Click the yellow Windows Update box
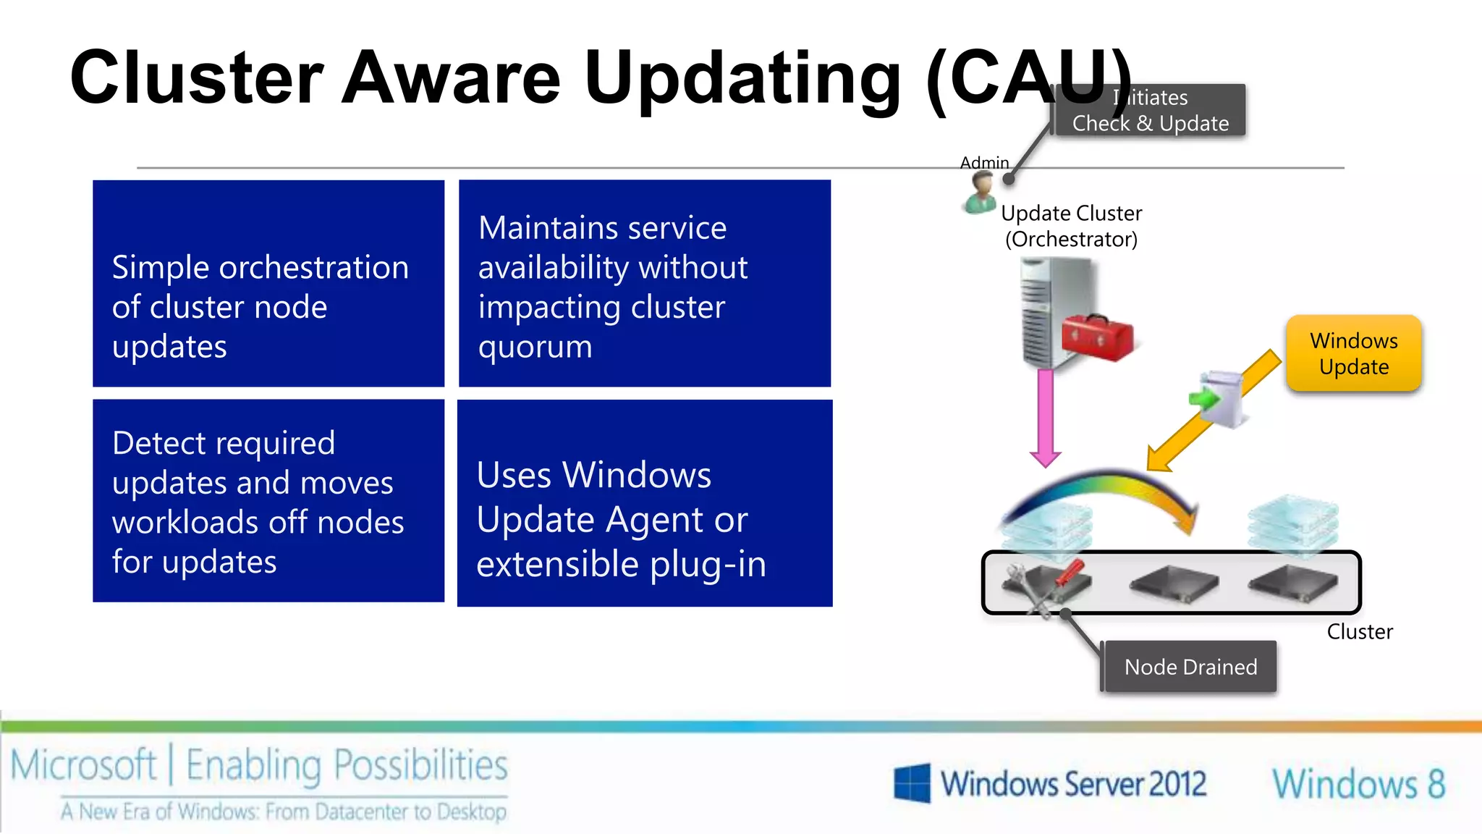(x=1353, y=353)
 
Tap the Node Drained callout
(x=1190, y=667)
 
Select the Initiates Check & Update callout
(x=1151, y=111)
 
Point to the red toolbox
(x=1096, y=337)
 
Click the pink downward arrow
(x=1046, y=416)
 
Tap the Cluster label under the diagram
(x=1359, y=632)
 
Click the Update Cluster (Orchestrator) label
(x=1071, y=226)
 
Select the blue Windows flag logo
(x=912, y=783)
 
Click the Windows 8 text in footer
(x=1358, y=784)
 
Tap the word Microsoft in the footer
(x=83, y=766)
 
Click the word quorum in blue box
(x=535, y=347)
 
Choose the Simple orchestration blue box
(x=268, y=283)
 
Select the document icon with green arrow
(x=1219, y=398)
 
